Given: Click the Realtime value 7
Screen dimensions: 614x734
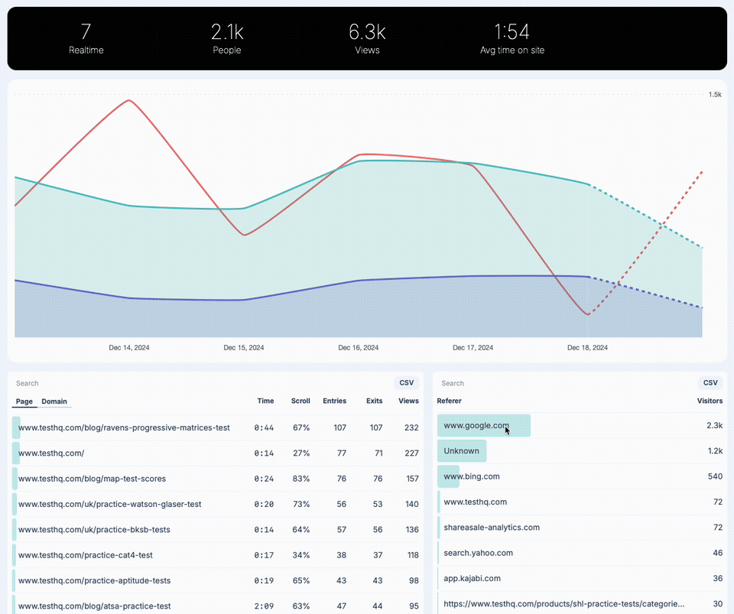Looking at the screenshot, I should coord(86,31).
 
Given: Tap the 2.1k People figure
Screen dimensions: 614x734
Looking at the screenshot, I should coord(227,31).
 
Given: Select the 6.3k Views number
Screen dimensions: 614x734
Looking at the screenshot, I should coord(367,31).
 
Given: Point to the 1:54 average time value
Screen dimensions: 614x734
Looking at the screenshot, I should coord(512,31).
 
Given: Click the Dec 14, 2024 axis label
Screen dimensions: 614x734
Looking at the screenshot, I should coord(129,347).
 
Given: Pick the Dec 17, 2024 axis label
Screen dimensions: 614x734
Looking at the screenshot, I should coord(473,347).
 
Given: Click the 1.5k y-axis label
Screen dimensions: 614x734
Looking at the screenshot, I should coord(714,95).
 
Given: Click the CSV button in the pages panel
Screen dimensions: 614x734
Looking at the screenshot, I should coord(407,383).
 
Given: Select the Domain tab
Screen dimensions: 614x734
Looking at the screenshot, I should coord(54,401).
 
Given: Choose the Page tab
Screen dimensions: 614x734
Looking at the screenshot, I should coord(24,401).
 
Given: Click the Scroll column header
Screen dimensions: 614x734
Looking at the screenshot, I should coord(300,401).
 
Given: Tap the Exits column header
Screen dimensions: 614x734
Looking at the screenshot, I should coord(374,401).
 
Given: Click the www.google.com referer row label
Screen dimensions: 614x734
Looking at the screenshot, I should coord(476,425).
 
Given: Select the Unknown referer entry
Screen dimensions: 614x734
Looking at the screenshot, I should coord(461,450).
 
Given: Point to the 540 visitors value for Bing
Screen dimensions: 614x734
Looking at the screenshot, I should coord(714,476).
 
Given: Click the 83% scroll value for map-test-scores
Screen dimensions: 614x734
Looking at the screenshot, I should coord(301,479).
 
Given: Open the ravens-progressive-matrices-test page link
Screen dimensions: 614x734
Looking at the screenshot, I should coord(124,427).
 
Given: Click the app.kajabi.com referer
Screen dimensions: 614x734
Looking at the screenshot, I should coord(472,578).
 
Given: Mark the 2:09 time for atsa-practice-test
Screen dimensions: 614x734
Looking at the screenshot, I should coord(264,606).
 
